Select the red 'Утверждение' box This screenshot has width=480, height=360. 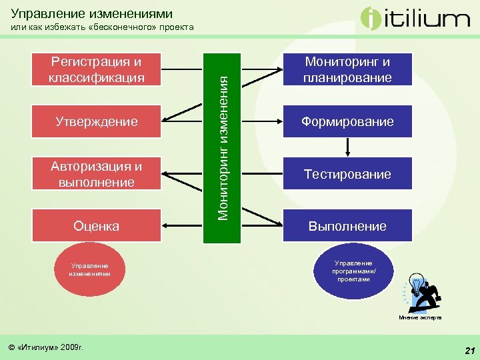click(96, 121)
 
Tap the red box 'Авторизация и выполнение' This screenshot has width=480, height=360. click(96, 173)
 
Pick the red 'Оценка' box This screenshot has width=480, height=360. click(96, 225)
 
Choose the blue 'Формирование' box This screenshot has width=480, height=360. click(347, 121)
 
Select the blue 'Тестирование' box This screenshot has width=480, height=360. click(347, 173)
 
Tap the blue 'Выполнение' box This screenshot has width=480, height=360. click(347, 225)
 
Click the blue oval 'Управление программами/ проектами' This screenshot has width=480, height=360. click(354, 271)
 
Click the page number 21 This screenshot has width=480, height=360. click(469, 351)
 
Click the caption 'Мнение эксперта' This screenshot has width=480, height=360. click(420, 318)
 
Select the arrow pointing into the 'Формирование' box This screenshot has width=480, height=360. click(267, 121)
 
